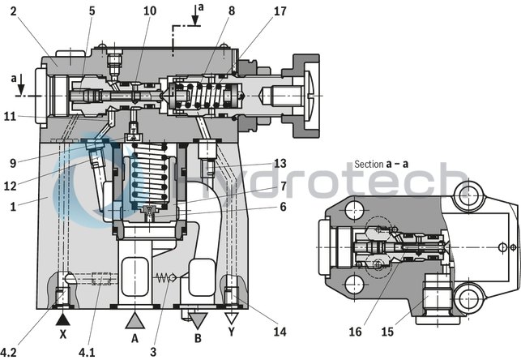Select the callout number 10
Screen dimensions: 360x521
tap(150, 11)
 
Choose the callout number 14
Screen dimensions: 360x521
tap(279, 331)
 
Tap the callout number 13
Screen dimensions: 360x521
tap(280, 163)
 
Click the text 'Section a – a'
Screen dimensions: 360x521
tap(382, 164)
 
